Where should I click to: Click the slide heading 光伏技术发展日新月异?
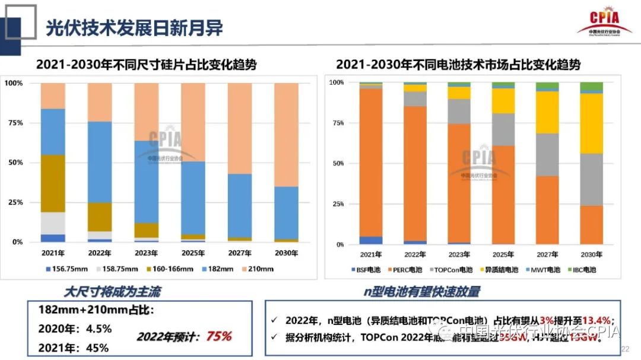[134, 27]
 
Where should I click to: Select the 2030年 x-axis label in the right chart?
[591, 256]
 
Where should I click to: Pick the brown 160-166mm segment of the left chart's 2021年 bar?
[53, 183]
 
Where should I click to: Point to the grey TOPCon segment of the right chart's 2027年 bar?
[547, 155]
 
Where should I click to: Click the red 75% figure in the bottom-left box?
[218, 336]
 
